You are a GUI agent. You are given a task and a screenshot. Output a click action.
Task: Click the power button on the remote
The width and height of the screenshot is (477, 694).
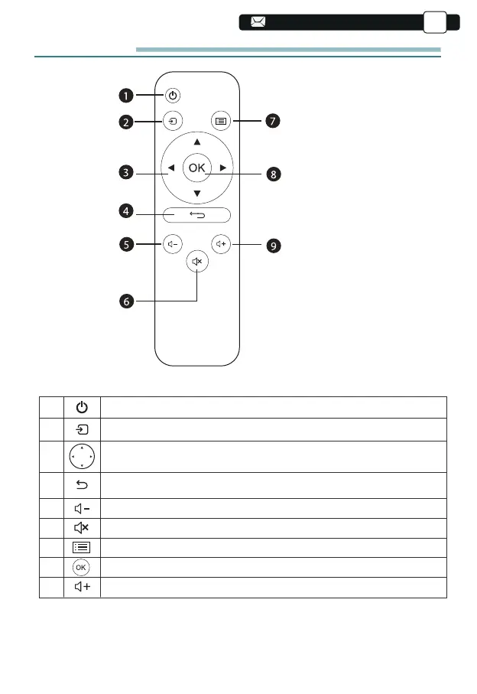[173, 96]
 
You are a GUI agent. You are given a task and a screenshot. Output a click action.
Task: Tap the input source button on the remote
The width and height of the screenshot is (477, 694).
[173, 120]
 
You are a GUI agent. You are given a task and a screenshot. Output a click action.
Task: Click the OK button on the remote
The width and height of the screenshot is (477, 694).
[197, 168]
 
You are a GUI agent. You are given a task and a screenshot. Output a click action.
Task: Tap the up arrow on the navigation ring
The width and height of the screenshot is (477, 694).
[197, 142]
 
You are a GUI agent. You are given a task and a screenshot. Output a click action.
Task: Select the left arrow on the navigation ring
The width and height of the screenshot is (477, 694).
[170, 168]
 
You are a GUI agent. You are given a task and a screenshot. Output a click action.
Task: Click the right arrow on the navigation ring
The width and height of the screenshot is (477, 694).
[223, 168]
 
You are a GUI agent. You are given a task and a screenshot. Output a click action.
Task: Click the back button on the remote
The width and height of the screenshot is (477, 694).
[197, 216]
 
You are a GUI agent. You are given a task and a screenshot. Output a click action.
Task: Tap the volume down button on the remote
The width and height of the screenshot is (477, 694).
[173, 244]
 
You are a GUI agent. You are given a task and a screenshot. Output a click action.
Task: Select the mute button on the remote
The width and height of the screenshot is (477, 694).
[197, 262]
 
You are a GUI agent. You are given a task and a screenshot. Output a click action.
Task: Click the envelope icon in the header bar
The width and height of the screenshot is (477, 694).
[257, 22]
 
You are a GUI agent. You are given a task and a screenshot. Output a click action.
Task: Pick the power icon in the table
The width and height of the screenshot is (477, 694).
[81, 407]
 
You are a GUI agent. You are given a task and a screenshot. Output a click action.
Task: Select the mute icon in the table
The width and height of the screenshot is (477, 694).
[81, 526]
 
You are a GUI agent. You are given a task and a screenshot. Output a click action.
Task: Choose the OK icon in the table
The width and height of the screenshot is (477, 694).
[81, 567]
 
